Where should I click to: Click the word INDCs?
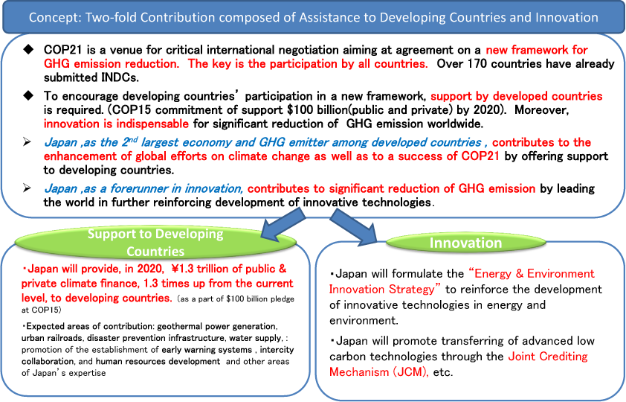[120, 77]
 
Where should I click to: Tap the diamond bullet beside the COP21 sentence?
[28, 50]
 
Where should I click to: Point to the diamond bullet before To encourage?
[28, 95]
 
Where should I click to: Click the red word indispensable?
[152, 124]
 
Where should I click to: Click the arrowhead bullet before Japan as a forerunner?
[28, 188]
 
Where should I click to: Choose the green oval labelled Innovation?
[466, 243]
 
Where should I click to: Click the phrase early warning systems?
[207, 350]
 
